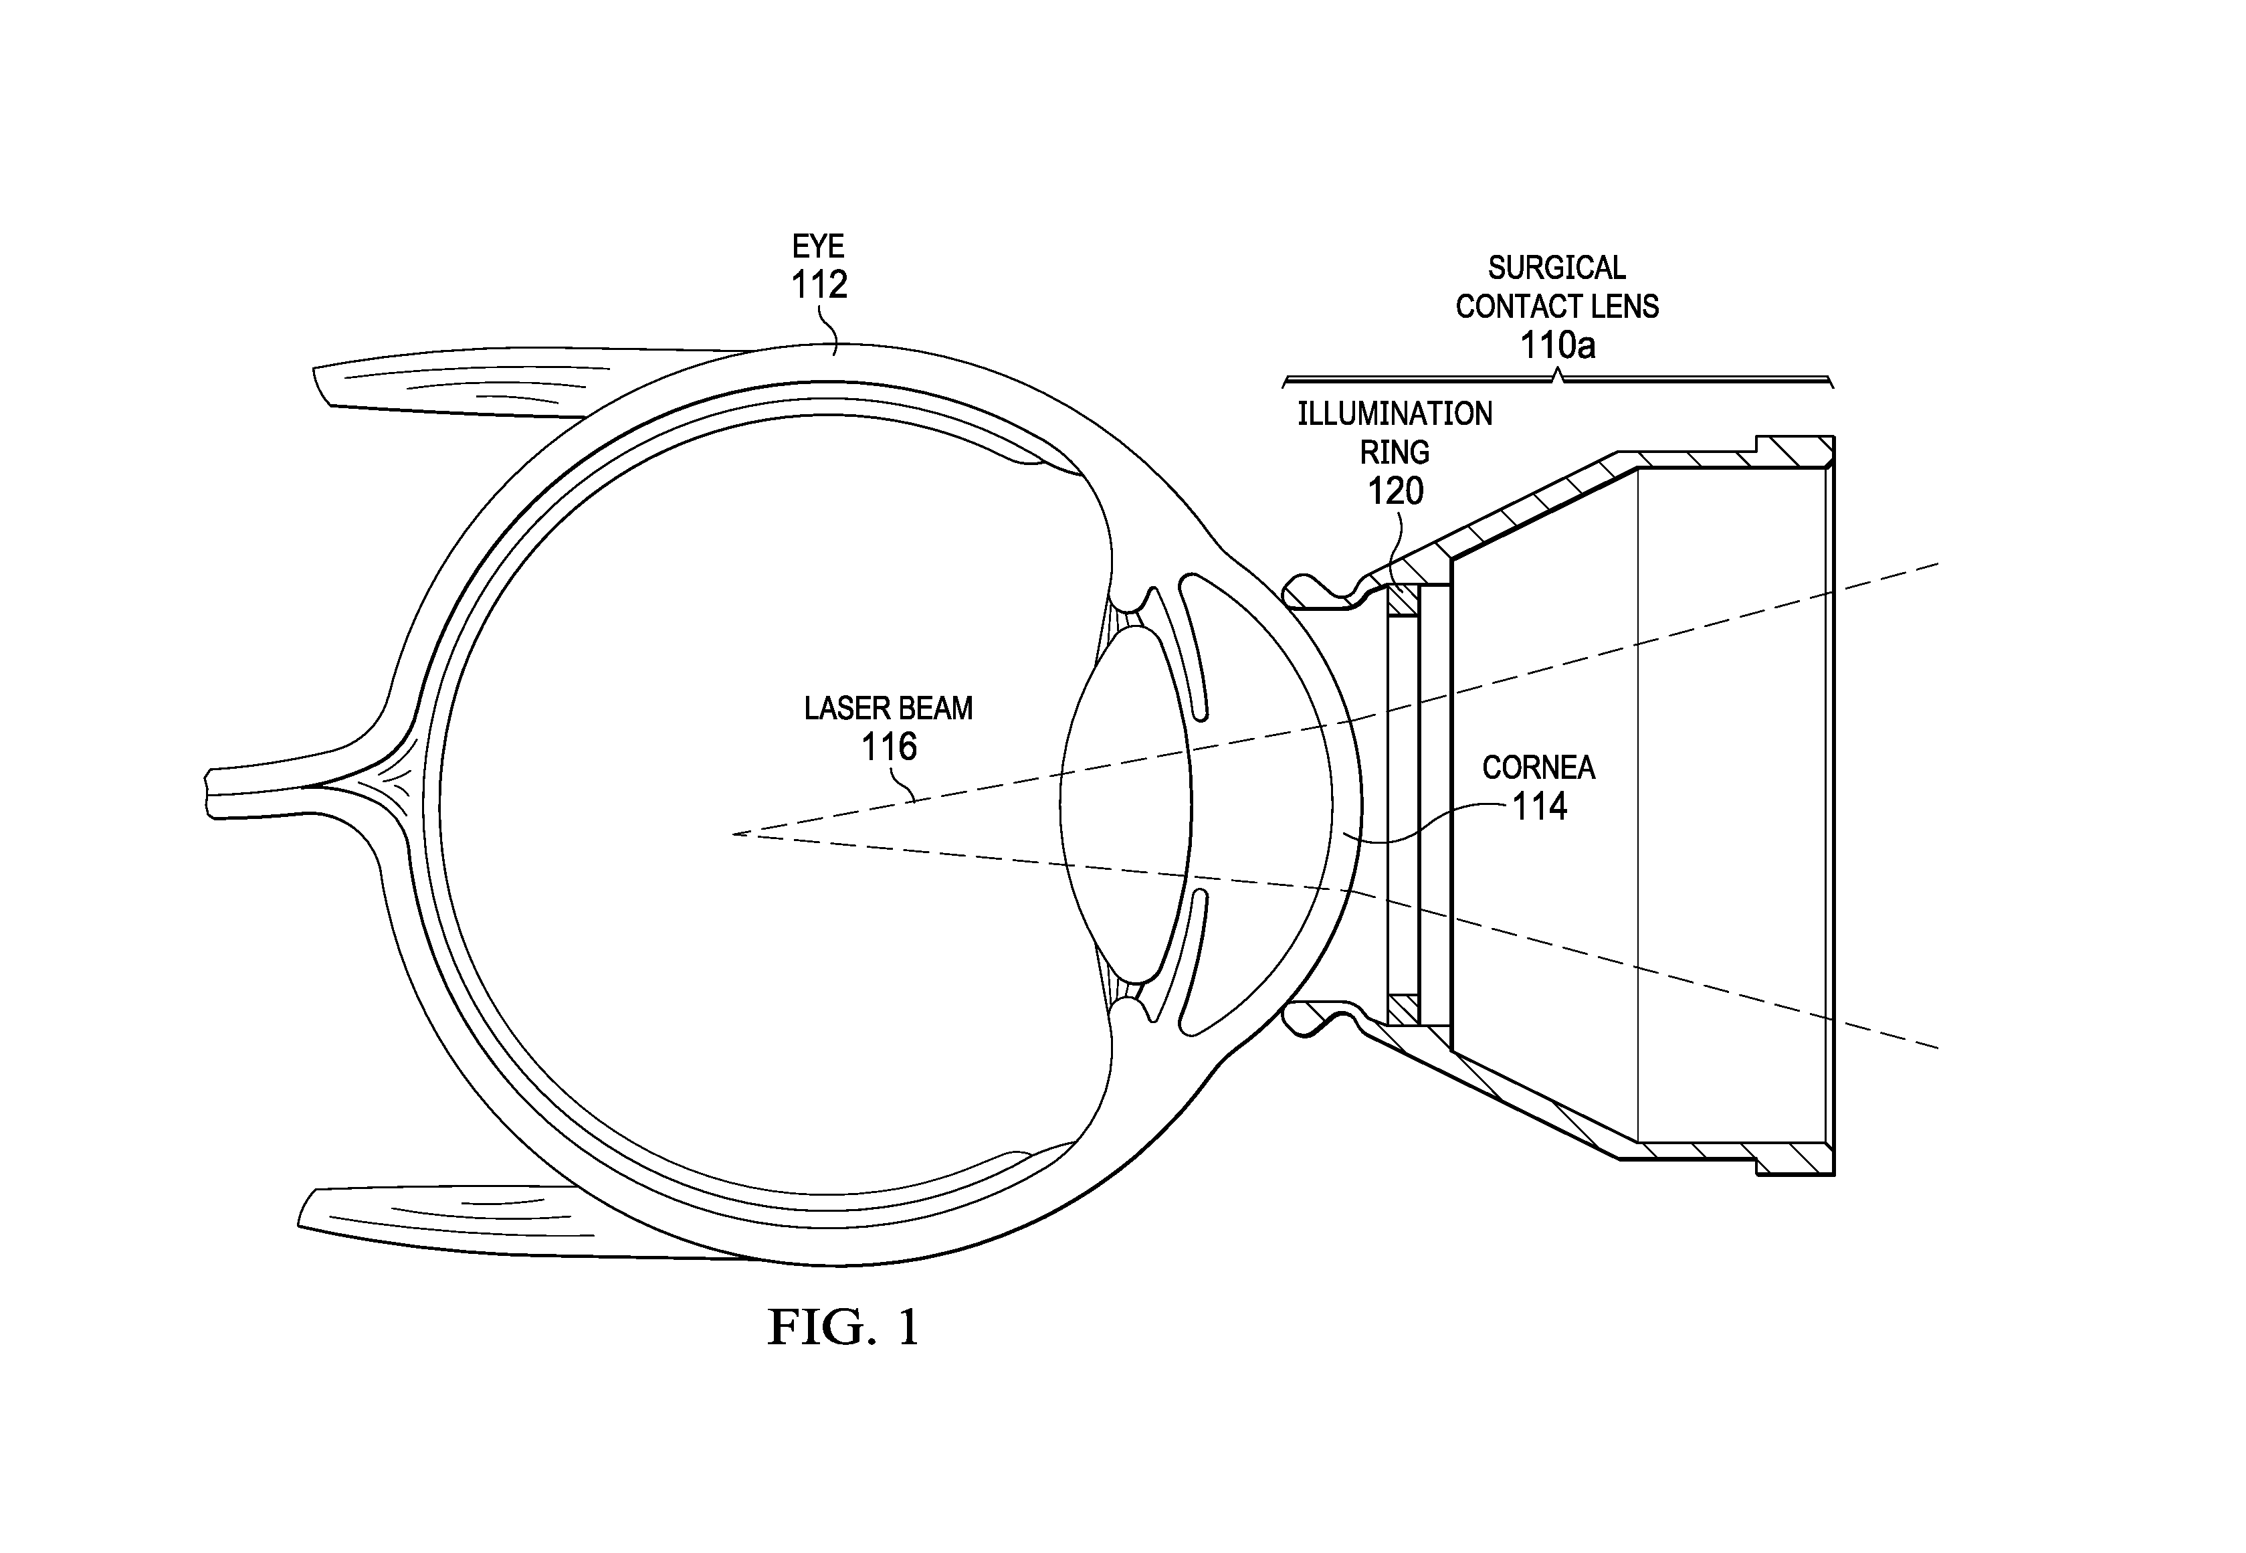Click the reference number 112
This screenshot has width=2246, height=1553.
[819, 285]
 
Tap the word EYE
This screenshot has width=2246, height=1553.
[818, 246]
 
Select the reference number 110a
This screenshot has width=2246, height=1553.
[1557, 345]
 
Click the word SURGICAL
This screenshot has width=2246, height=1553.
[1556, 268]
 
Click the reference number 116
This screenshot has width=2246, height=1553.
[889, 747]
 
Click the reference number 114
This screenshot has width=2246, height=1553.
[1539, 807]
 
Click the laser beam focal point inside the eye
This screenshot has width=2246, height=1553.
[734, 834]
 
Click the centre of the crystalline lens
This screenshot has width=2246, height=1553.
[1126, 806]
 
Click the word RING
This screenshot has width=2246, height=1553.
[1395, 452]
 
